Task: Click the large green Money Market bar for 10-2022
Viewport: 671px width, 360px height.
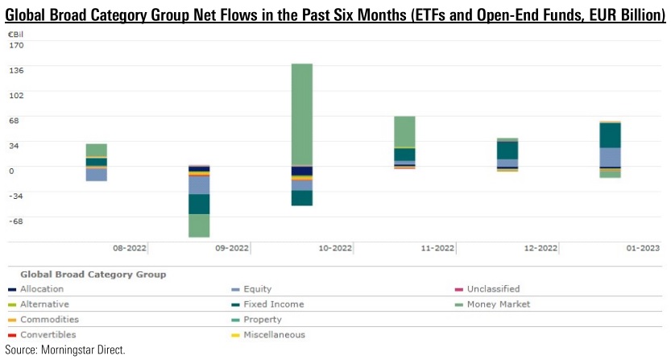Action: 301,114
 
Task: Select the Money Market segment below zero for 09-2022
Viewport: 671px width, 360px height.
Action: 199,226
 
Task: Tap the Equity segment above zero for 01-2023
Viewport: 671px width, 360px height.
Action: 610,157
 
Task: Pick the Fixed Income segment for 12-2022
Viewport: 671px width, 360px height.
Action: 507,151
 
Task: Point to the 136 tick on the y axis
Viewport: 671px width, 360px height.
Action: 17,70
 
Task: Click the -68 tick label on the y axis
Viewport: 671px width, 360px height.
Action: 17,221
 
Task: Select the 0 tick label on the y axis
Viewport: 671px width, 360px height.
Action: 11,171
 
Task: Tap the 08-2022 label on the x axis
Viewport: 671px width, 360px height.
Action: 130,249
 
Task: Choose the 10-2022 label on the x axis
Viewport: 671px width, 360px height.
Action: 336,249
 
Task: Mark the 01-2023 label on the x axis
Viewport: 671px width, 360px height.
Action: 644,249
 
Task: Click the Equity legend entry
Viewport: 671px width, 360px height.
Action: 257,289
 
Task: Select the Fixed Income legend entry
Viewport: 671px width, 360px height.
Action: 271,304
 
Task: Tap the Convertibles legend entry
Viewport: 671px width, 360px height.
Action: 48,334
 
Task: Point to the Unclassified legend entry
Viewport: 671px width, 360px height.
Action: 493,289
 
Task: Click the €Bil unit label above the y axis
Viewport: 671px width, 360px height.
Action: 16,34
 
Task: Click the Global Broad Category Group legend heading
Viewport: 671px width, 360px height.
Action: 93,275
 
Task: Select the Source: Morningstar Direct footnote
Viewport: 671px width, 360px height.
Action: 65,350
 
